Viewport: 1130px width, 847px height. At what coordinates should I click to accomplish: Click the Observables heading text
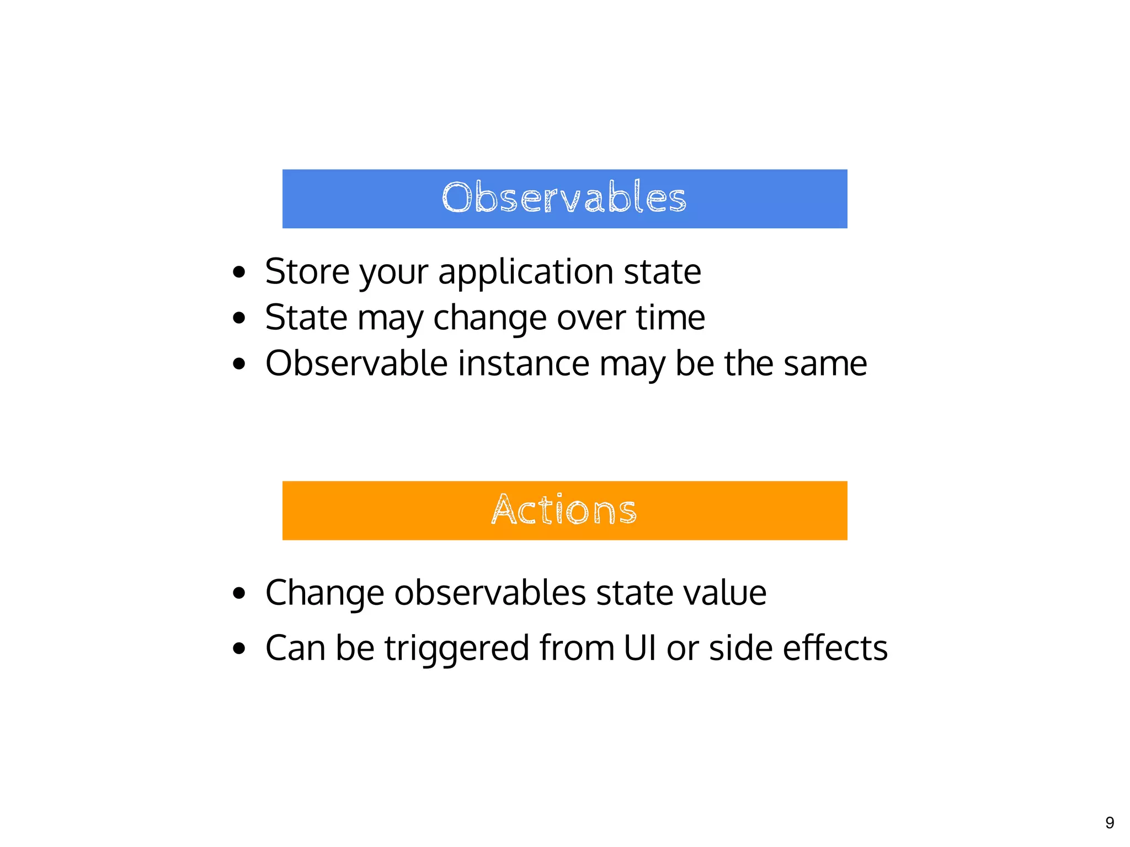[x=564, y=198]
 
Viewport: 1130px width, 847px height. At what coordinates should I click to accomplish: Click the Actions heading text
[x=564, y=510]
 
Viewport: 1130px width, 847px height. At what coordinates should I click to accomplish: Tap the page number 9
[x=1110, y=823]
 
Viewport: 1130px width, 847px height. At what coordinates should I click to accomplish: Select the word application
[x=525, y=272]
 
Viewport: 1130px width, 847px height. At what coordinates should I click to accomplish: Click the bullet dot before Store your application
[x=239, y=272]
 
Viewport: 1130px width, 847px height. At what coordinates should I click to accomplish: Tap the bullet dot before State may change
[x=239, y=318]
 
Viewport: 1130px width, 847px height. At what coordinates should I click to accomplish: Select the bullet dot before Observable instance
[x=239, y=364]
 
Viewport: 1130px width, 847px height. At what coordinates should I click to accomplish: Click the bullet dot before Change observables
[x=239, y=593]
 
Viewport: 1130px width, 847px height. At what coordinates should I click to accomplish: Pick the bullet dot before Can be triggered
[x=239, y=648]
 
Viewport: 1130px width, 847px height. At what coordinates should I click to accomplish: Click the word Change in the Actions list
[x=324, y=593]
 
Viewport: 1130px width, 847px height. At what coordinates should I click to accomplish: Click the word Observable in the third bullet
[x=356, y=363]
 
